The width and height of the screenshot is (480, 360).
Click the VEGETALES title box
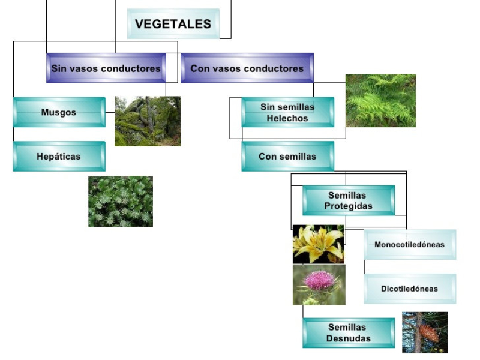pyautogui.click(x=173, y=24)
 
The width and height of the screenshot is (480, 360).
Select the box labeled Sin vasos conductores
pyautogui.click(x=106, y=68)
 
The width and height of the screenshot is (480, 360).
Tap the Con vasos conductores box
pyautogui.click(x=247, y=68)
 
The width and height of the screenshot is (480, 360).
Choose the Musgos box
pyautogui.click(x=59, y=112)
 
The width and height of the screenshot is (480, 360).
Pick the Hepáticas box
pyautogui.click(x=59, y=156)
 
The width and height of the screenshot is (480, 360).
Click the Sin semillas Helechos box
pyautogui.click(x=287, y=112)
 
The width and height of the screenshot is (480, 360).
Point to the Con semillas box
pyautogui.click(x=287, y=156)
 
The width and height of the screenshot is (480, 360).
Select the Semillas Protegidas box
pyautogui.click(x=348, y=200)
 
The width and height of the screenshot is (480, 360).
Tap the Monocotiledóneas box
pyautogui.click(x=409, y=244)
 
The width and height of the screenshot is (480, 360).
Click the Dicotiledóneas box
pyautogui.click(x=409, y=289)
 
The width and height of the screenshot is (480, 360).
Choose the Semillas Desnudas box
pyautogui.click(x=348, y=332)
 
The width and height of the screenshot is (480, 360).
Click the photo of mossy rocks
pyautogui.click(x=148, y=121)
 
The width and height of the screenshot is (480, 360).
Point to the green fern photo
pyautogui.click(x=380, y=100)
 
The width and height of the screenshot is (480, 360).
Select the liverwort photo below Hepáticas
pyautogui.click(x=121, y=201)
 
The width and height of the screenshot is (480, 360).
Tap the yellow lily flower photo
pyautogui.click(x=319, y=244)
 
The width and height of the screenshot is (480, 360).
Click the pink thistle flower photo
pyautogui.click(x=319, y=284)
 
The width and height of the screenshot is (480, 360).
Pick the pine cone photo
pyautogui.click(x=425, y=332)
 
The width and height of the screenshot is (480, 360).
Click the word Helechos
pyautogui.click(x=287, y=118)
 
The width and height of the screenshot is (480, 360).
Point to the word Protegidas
pyautogui.click(x=348, y=206)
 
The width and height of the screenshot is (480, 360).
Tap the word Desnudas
pyautogui.click(x=348, y=338)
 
